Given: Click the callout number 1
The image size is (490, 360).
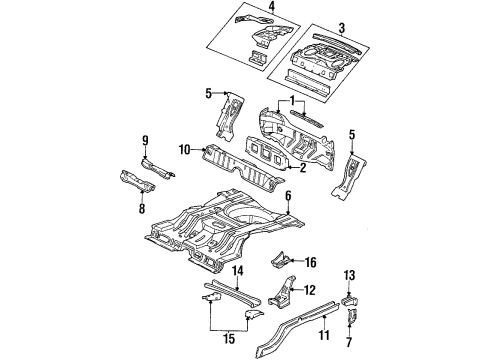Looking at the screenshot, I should [292, 101].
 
